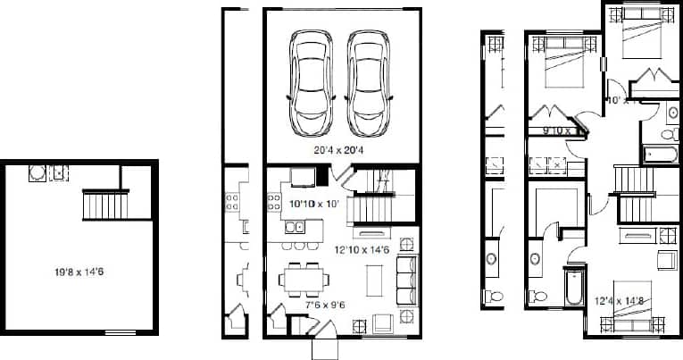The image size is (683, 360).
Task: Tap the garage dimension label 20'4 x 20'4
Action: coord(338,150)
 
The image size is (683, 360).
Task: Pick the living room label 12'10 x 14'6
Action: coord(362,249)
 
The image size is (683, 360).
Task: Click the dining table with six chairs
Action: coord(301,279)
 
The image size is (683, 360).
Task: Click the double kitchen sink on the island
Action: coord(295,229)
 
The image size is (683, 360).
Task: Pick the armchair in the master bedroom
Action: coord(665,260)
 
